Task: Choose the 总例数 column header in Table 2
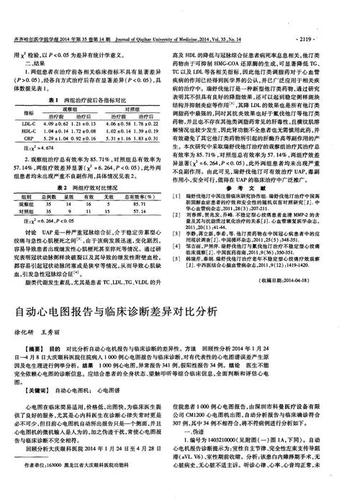click(50, 175)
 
